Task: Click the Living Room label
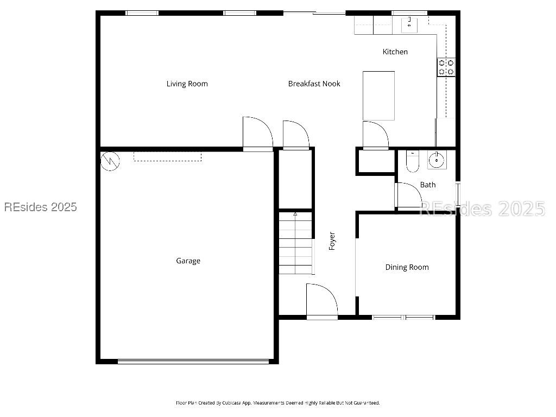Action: (x=187, y=84)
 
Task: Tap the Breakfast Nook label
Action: (x=314, y=84)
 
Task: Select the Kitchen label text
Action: (x=395, y=52)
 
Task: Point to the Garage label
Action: (x=188, y=261)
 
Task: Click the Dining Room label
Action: (x=407, y=267)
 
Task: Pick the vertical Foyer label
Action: (x=332, y=241)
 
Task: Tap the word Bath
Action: (x=427, y=185)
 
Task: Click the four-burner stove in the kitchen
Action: (x=446, y=67)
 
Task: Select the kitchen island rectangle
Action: (x=378, y=96)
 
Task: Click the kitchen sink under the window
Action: (x=409, y=24)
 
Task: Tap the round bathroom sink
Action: (x=436, y=160)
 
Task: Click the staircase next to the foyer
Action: (x=296, y=244)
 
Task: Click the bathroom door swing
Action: (x=409, y=195)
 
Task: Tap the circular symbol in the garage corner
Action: (x=110, y=161)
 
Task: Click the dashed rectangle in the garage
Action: (x=167, y=156)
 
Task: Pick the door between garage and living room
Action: (x=257, y=134)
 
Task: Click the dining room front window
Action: (x=403, y=317)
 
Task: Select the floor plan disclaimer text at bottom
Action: (x=277, y=403)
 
